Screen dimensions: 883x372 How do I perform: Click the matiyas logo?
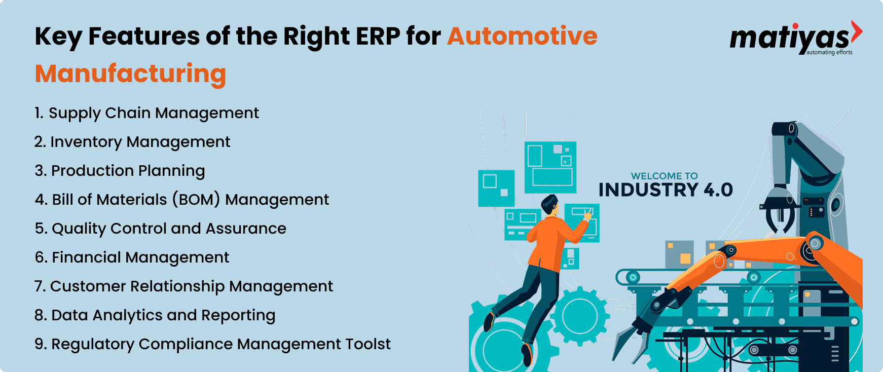[796, 38]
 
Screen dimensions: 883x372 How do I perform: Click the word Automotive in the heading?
[522, 36]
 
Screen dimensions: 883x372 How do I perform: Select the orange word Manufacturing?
[131, 74]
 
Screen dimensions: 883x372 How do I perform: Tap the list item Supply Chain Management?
[146, 113]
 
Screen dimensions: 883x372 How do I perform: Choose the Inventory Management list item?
[132, 142]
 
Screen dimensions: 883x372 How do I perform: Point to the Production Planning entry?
[120, 171]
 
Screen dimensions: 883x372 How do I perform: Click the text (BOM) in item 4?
[196, 200]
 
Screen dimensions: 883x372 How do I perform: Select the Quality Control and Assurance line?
[161, 229]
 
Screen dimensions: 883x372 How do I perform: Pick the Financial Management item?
[132, 257]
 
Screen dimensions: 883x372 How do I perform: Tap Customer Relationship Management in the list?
[183, 286]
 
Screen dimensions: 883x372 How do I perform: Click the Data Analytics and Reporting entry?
[155, 315]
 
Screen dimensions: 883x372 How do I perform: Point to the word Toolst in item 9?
[368, 344]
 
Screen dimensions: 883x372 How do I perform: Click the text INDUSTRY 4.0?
[666, 190]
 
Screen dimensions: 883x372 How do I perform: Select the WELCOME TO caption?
[665, 176]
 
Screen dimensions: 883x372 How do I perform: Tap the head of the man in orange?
[549, 205]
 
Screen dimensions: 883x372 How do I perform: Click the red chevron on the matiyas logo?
[856, 31]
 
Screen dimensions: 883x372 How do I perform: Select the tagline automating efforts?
[829, 52]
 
